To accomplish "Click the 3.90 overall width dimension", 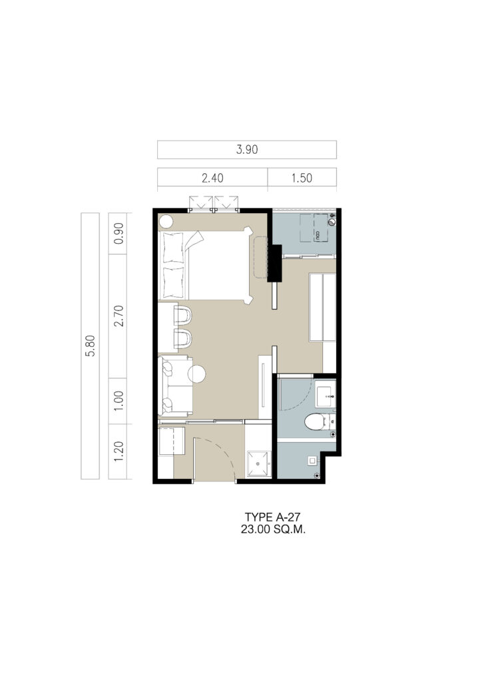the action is [x=247, y=150].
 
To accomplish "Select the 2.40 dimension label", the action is [x=212, y=178].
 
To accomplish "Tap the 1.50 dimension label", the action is [x=302, y=178].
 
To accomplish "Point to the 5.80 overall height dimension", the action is [x=91, y=346].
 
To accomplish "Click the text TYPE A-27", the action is [x=272, y=517].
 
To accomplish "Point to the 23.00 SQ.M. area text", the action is [x=274, y=529].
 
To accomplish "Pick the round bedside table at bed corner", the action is [x=166, y=222].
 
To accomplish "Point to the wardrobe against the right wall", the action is [x=322, y=307].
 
